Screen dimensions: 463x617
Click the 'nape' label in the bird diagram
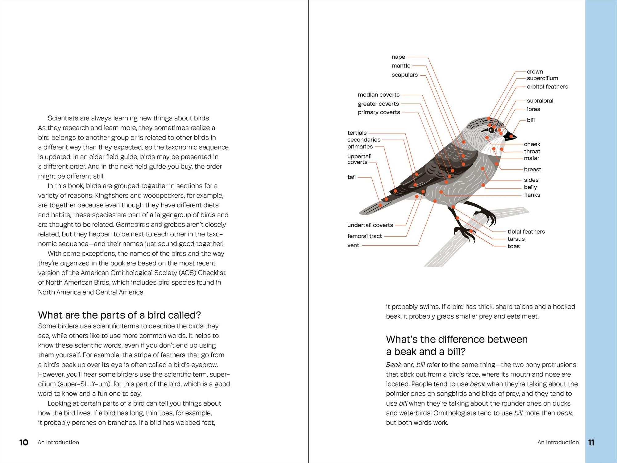[x=398, y=57]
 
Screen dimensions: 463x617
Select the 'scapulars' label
[x=404, y=75]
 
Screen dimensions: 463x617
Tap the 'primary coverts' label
[x=379, y=112]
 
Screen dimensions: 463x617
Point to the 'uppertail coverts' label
[x=359, y=159]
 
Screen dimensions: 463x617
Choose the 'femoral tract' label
[x=365, y=236]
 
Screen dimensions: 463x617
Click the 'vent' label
[x=353, y=245]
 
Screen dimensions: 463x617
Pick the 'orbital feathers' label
[x=547, y=87]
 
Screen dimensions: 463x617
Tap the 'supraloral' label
[x=540, y=101]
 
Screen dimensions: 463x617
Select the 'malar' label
[x=532, y=158]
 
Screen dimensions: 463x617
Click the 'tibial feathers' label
[x=526, y=231]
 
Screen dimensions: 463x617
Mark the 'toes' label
[x=514, y=246]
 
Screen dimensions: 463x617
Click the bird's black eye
[x=491, y=130]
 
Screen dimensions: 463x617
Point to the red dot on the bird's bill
[x=511, y=136]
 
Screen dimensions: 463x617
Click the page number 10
[x=23, y=443]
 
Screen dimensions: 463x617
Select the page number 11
[x=591, y=443]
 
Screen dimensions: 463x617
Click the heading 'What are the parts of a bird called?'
[x=119, y=315]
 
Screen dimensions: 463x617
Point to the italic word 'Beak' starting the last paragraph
[x=394, y=365]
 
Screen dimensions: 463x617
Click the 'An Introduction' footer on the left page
[x=58, y=442]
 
